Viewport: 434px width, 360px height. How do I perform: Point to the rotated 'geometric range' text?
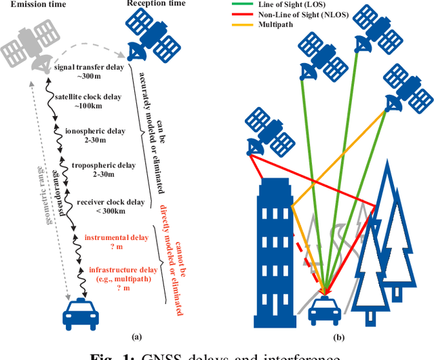(47, 197)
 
